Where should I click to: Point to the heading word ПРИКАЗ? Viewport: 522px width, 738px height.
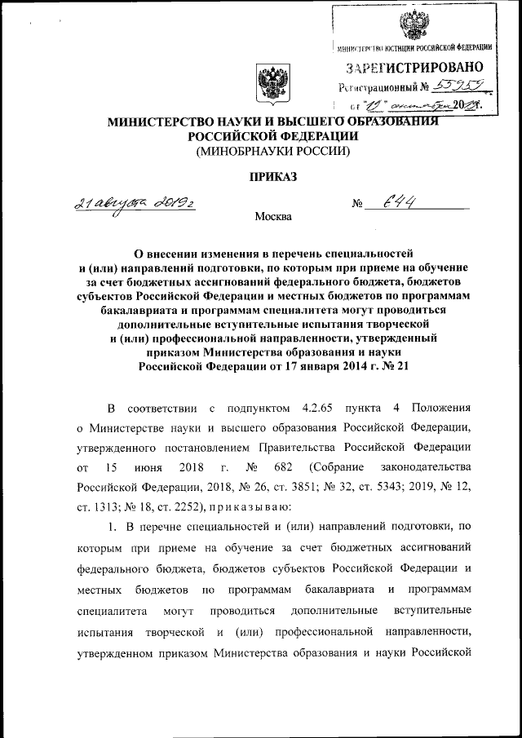(x=269, y=177)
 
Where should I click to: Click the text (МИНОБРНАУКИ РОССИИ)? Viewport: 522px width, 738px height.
(x=270, y=152)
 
